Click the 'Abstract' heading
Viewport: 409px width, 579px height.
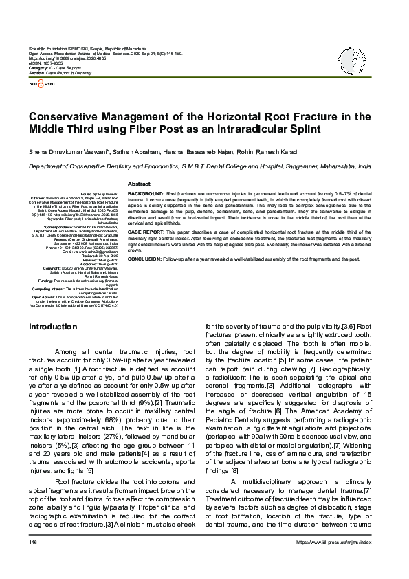click(139, 184)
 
